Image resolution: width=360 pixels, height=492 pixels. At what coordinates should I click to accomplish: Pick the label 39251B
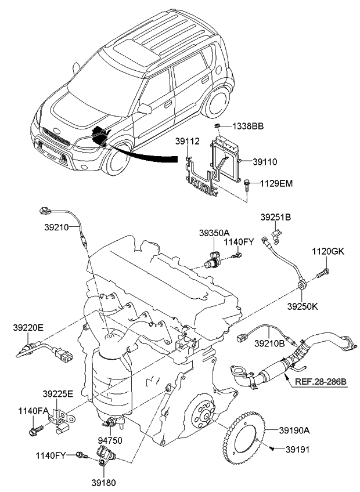click(x=275, y=218)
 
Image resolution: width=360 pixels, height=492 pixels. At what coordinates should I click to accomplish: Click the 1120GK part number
click(x=329, y=252)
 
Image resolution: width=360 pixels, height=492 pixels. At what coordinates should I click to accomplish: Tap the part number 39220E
click(x=28, y=327)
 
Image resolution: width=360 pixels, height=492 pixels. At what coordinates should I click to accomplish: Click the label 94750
click(x=110, y=441)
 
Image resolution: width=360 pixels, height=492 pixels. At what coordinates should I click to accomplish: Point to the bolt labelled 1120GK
click(x=323, y=271)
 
